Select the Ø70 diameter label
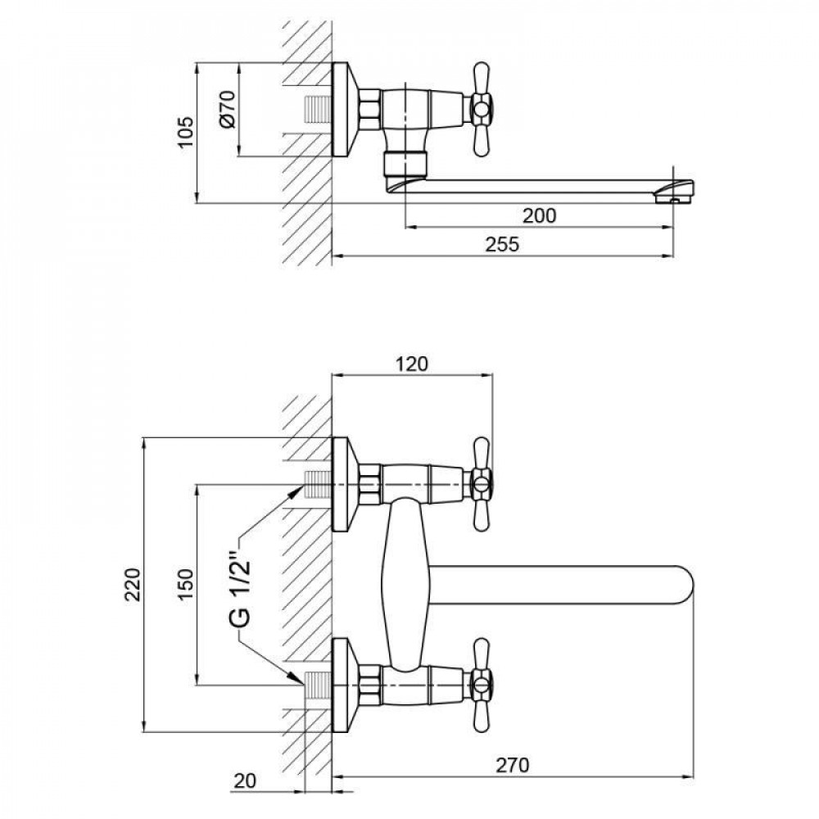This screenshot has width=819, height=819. tap(229, 109)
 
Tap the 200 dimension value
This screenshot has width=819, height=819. tap(540, 215)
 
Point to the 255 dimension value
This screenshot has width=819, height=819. tap(503, 244)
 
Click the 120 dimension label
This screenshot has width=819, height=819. tap(411, 364)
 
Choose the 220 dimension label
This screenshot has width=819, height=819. tap(133, 584)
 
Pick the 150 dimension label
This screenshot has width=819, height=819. tap(186, 584)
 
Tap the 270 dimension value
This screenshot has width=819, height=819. tap(512, 765)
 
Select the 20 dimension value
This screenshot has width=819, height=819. tap(245, 781)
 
